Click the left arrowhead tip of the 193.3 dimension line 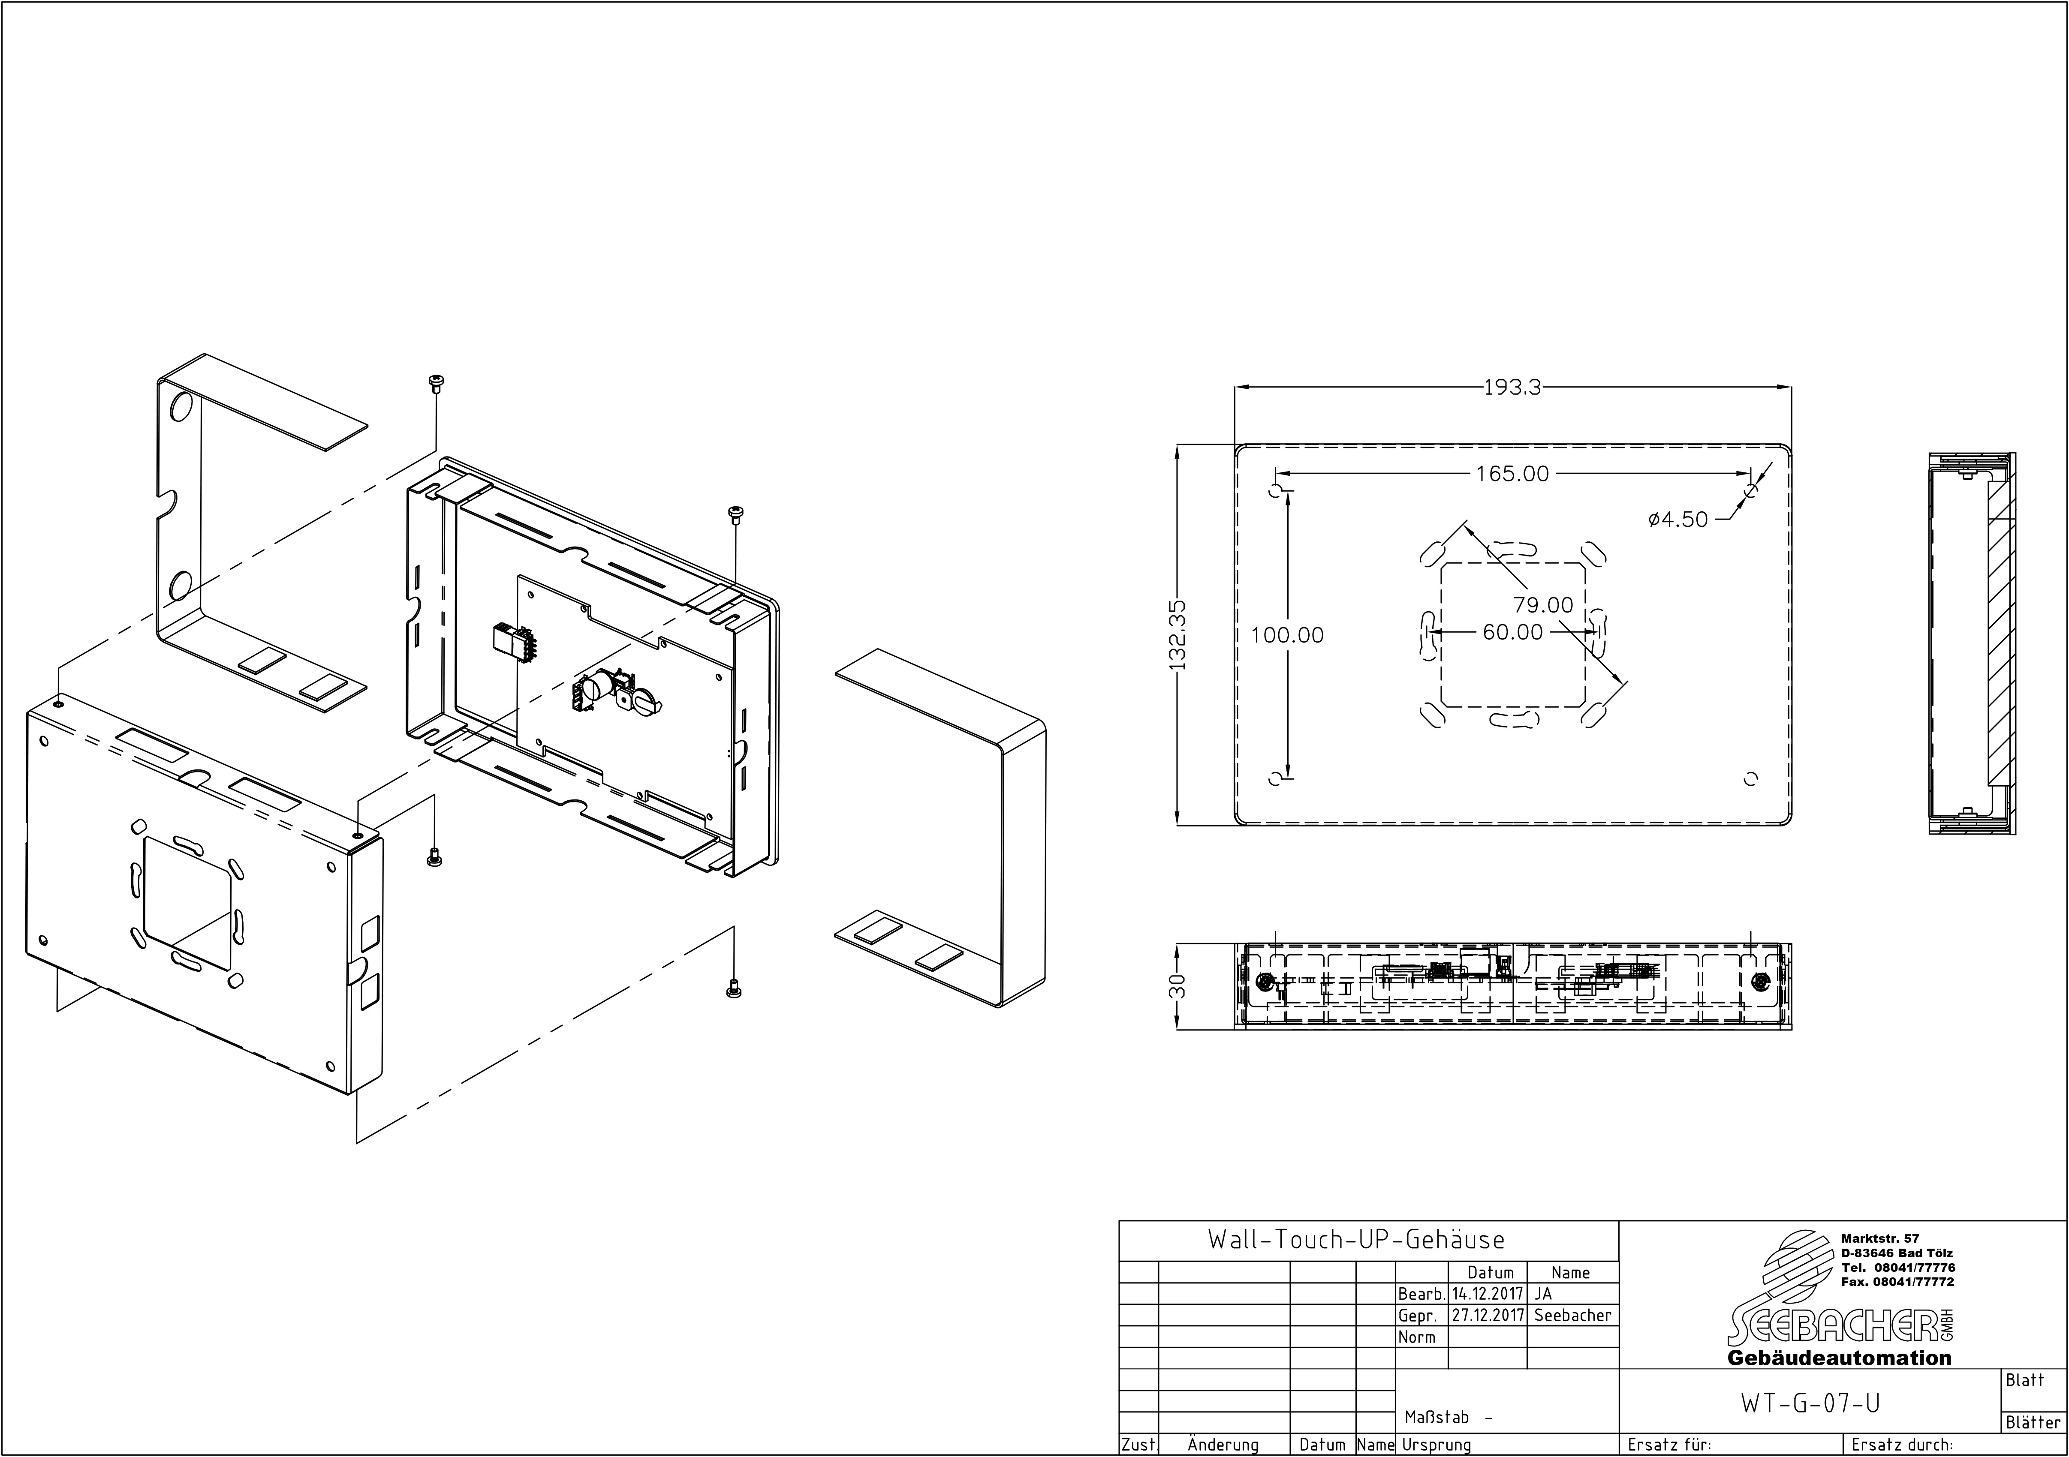[x=1235, y=388]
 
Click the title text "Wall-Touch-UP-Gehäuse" [x=1356, y=1240]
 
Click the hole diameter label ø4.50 [x=1678, y=520]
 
